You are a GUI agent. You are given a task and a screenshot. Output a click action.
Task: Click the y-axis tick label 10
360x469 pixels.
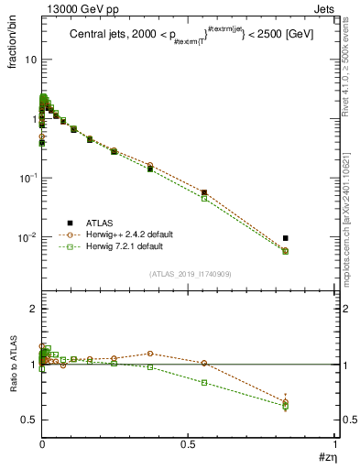(29, 60)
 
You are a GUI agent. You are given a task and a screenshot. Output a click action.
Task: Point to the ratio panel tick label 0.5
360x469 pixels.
(28, 420)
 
